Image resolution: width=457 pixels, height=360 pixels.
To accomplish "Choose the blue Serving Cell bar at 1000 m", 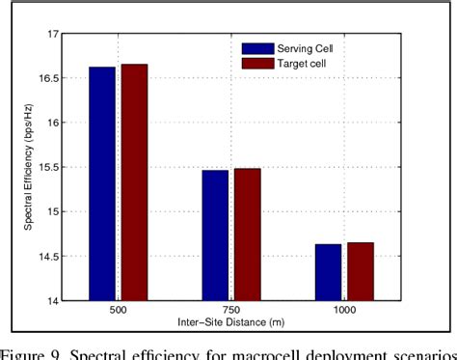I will click(328, 272).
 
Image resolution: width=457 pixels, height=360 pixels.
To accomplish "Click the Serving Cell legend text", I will click(311, 47).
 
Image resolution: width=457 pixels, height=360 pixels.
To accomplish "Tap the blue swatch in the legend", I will click(257, 47).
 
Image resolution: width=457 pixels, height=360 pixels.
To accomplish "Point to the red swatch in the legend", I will click(257, 63).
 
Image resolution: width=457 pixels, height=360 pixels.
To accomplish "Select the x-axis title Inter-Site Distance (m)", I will click(230, 322).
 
